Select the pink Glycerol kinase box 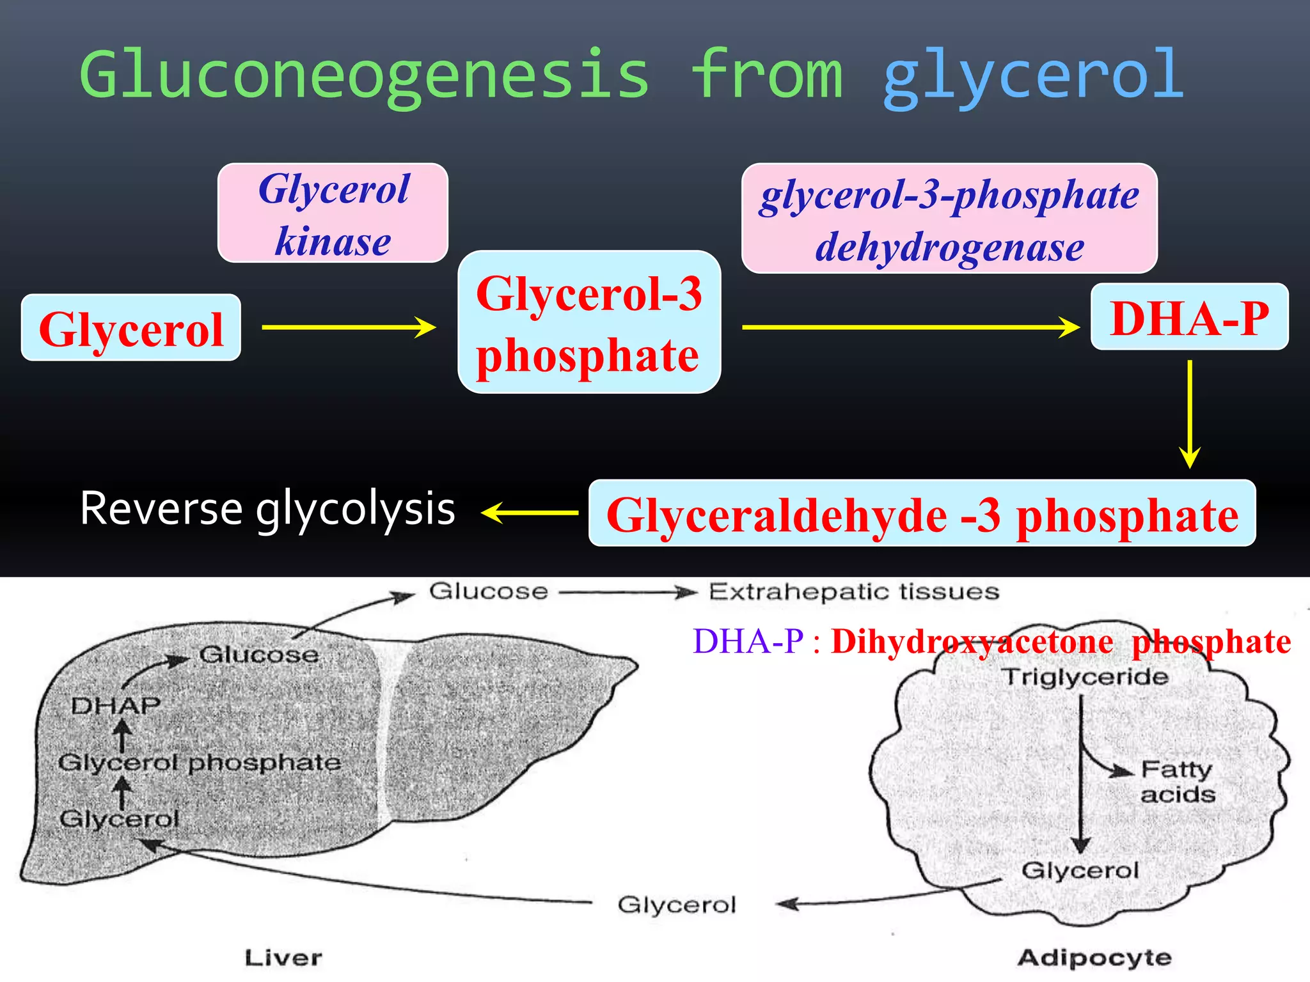[x=333, y=213]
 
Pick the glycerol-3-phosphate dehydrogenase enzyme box [x=949, y=219]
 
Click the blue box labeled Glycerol [x=131, y=328]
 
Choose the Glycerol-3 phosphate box [x=589, y=322]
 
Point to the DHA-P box [x=1189, y=317]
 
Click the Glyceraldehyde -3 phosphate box [x=922, y=513]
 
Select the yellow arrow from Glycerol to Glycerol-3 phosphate [x=349, y=327]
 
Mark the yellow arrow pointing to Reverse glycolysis [x=530, y=513]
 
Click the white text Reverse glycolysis [x=267, y=510]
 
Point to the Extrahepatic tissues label [x=853, y=592]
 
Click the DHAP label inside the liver [x=116, y=706]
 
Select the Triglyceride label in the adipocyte [x=1085, y=676]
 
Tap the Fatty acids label [x=1178, y=782]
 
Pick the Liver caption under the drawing [x=283, y=958]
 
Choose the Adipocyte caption [x=1094, y=958]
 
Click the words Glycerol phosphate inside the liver [x=199, y=763]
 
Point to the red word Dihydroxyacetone [x=972, y=642]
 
